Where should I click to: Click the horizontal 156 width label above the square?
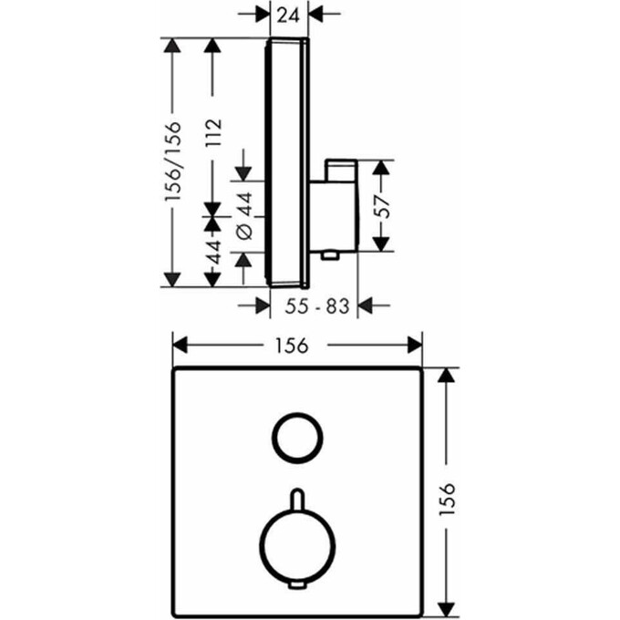tap(297, 346)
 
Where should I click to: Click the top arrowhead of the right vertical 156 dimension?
tap(446, 375)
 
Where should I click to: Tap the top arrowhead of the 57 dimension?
tap(382, 167)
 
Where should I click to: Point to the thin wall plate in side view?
tap(270, 162)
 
